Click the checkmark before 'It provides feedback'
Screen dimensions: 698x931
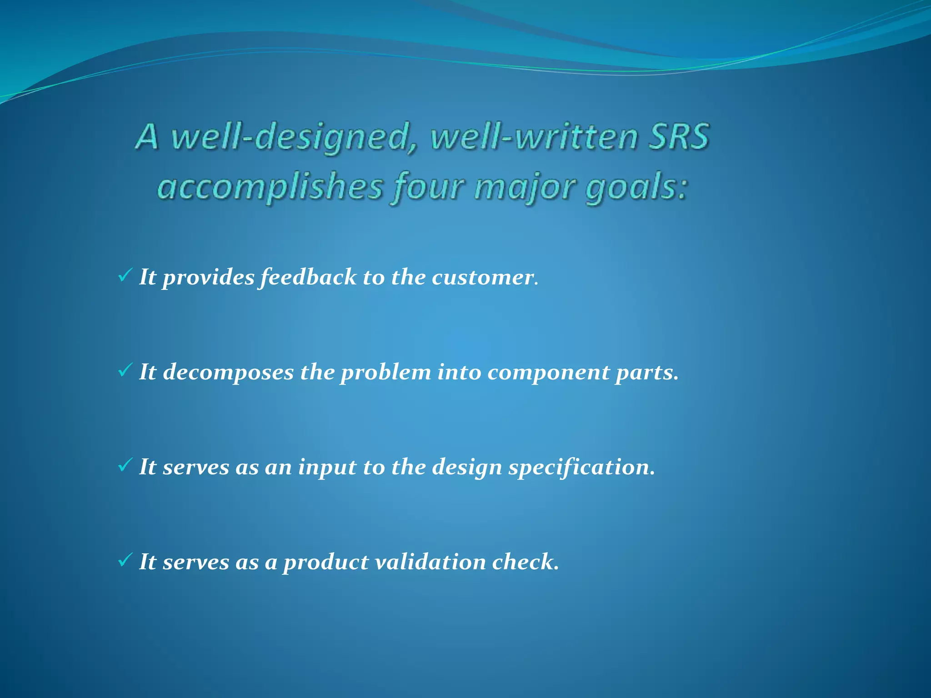[x=125, y=275]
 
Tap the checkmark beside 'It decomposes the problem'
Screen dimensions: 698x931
[x=125, y=370]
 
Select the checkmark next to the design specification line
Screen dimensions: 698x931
[x=125, y=465]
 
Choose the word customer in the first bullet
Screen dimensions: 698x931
[x=482, y=277]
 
